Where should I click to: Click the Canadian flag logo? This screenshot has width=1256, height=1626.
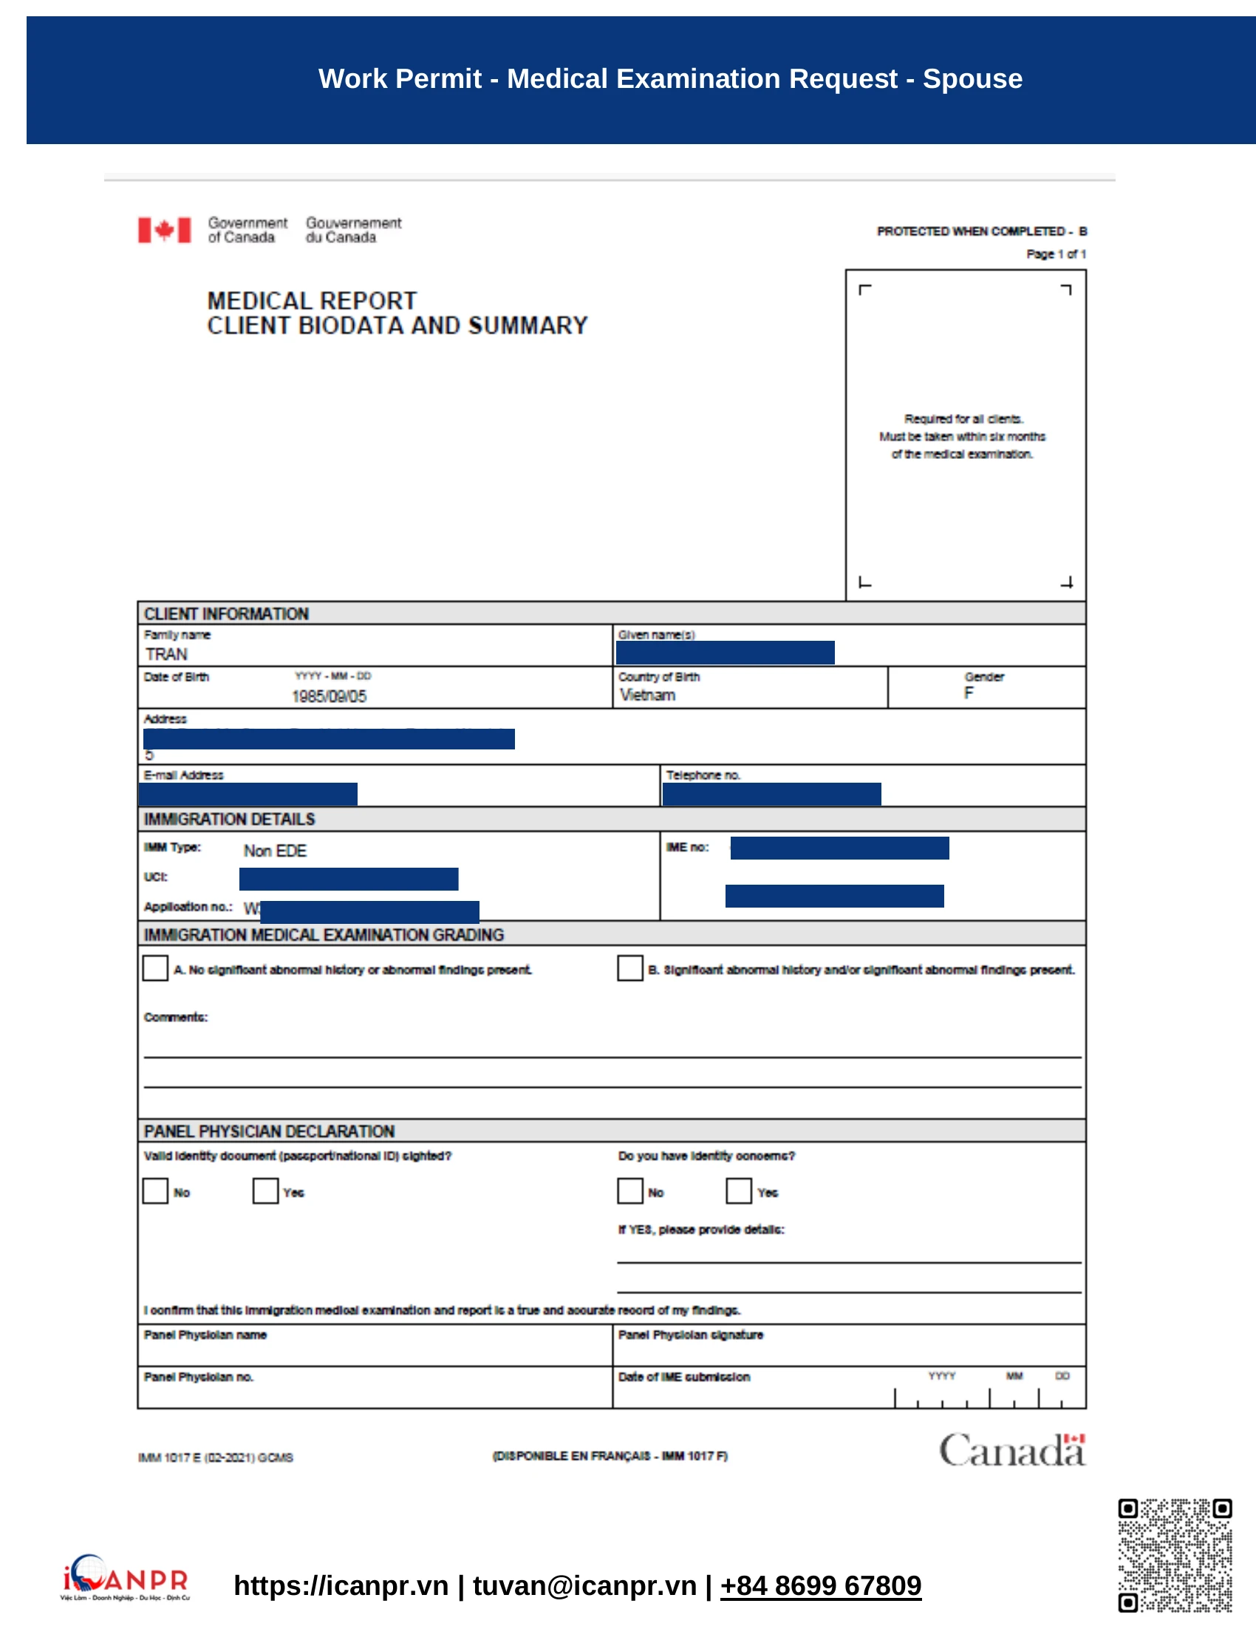point(165,230)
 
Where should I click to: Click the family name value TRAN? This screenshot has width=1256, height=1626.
point(167,654)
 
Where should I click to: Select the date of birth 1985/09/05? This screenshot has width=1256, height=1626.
point(329,696)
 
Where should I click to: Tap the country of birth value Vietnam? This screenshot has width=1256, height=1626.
point(647,695)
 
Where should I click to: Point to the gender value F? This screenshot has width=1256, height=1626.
point(968,693)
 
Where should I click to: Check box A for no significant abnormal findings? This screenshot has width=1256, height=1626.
point(155,968)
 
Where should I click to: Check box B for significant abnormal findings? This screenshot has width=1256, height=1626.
point(629,968)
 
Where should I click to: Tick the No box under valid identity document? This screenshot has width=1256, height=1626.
point(155,1191)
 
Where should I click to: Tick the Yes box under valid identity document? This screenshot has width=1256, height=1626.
point(265,1191)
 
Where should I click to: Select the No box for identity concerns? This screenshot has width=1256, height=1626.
point(629,1191)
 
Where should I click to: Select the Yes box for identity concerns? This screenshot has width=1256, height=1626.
point(738,1191)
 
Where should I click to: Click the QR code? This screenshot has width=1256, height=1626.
point(1175,1555)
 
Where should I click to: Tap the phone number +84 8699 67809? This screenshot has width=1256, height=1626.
point(821,1586)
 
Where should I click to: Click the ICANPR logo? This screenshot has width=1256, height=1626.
point(125,1578)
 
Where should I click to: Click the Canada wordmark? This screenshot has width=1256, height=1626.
point(1012,1449)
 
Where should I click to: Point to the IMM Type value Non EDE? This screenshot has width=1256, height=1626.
point(275,851)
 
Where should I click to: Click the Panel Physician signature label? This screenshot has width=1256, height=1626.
point(691,1335)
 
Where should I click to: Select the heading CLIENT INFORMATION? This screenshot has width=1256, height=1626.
point(226,613)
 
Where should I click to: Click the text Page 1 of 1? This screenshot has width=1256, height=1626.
point(1056,254)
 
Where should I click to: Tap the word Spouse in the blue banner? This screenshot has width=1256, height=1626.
point(972,79)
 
